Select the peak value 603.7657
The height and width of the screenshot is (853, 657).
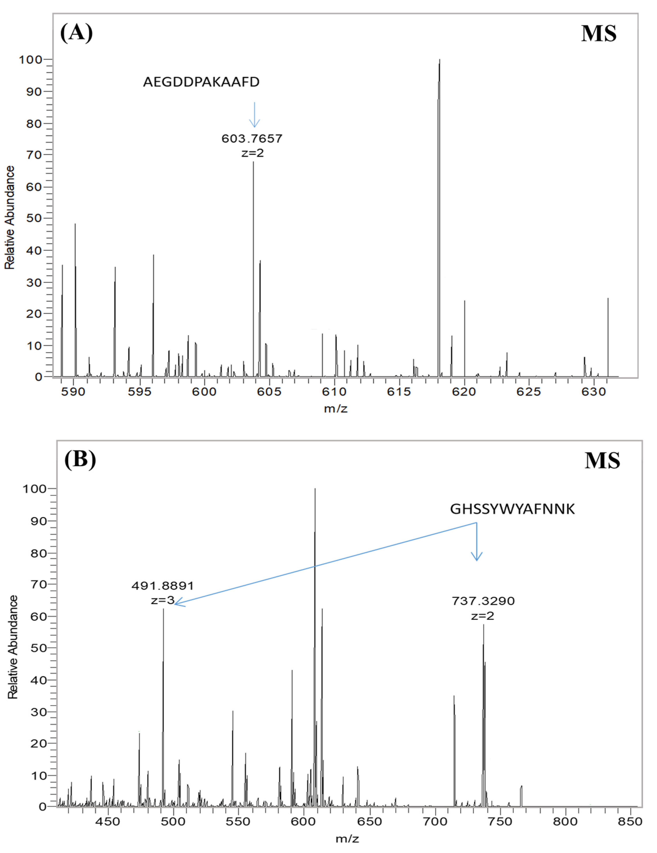[252, 139]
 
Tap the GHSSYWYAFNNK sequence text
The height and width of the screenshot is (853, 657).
[512, 509]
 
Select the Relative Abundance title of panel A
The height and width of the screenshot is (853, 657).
[10, 217]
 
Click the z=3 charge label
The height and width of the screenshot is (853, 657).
[162, 600]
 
